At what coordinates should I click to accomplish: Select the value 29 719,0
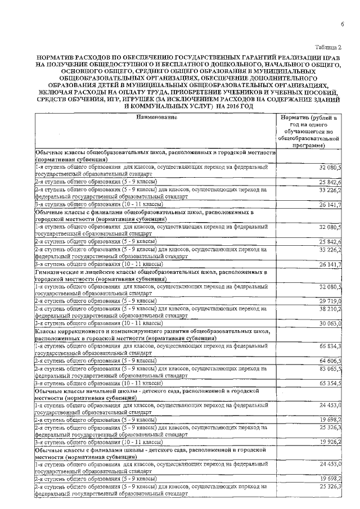[330, 302]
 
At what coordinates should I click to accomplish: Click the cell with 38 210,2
[330, 309]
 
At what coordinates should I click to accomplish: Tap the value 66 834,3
[330, 346]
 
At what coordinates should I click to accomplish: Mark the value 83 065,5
[330, 368]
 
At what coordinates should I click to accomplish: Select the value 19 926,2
[330, 442]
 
